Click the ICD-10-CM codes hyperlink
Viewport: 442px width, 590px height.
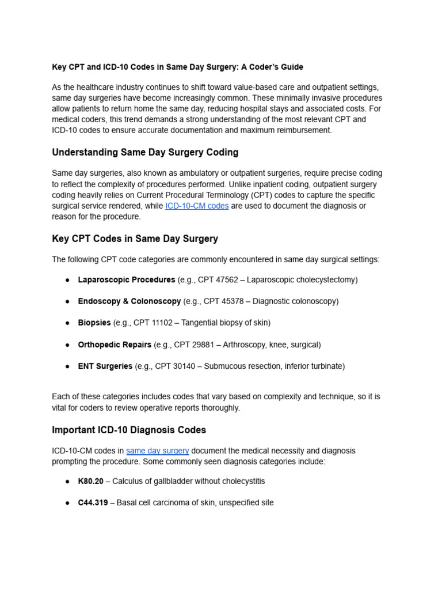(197, 206)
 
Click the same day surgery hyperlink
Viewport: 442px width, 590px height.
(157, 451)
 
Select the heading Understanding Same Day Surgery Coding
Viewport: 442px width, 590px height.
(145, 153)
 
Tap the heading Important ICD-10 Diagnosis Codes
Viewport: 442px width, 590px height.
(129, 430)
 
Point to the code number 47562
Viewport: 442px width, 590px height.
(225, 280)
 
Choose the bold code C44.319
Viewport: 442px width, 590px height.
(93, 503)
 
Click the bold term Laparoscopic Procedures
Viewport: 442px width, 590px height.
(127, 280)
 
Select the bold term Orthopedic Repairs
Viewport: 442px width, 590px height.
(115, 345)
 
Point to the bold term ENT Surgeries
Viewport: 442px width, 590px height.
(105, 366)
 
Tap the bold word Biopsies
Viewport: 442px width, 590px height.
(94, 323)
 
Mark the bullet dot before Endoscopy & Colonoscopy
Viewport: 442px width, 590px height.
(67, 301)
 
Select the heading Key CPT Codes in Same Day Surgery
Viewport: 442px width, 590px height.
(135, 239)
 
